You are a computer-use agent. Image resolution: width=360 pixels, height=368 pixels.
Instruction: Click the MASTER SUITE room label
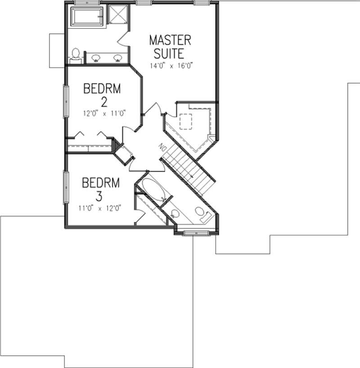click(x=170, y=46)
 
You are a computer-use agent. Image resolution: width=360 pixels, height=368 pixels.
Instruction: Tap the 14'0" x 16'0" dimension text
click(x=174, y=65)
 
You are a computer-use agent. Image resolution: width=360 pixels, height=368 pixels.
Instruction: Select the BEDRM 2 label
click(x=102, y=94)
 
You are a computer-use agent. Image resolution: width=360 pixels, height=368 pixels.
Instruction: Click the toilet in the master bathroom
click(x=76, y=54)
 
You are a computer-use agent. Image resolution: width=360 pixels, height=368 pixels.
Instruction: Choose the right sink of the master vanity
click(x=118, y=58)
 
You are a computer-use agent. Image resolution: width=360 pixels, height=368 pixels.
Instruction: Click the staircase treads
click(x=187, y=169)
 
